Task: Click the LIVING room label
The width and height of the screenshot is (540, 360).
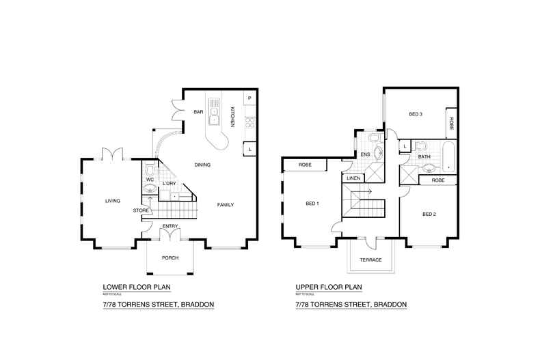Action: click(x=112, y=201)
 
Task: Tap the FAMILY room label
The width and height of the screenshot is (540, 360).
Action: click(x=227, y=205)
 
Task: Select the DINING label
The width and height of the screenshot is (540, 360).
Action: click(x=202, y=165)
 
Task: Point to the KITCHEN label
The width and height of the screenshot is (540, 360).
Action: click(x=232, y=117)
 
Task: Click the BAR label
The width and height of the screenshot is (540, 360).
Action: click(x=199, y=112)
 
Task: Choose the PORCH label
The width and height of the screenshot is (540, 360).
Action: click(x=170, y=258)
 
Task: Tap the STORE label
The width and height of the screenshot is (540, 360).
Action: click(x=141, y=210)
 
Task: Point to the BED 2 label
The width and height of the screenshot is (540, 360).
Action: click(x=429, y=214)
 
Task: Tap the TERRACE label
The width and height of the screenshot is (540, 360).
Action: click(x=369, y=260)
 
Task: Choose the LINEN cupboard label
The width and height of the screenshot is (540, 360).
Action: click(x=353, y=178)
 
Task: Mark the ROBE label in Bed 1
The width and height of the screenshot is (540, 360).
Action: click(x=305, y=165)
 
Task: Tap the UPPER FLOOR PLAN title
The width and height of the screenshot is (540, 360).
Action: click(x=328, y=287)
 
